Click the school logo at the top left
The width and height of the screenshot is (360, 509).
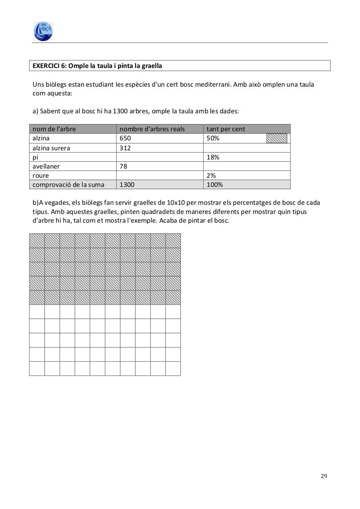coord(43,31)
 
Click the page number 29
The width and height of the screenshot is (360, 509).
coord(323,476)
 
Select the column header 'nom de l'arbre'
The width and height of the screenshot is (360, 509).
coord(54,129)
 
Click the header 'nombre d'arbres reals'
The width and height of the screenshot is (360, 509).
coord(152,129)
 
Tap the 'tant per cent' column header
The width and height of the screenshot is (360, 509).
coord(226,129)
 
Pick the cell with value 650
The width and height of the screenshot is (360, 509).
coord(125,138)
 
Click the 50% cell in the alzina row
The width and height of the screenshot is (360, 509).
coord(213,138)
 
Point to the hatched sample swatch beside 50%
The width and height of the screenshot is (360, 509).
coord(277,138)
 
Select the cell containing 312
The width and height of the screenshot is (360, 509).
coord(125,148)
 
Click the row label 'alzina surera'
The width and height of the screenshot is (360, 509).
coord(51,148)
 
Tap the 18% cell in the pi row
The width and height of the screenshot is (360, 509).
coord(213,157)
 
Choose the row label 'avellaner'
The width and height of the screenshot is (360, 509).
coord(46,166)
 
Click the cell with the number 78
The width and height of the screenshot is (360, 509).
coord(124,166)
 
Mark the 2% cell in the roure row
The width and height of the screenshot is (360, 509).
coord(211,175)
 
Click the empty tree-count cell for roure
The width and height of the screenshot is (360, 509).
coord(160,175)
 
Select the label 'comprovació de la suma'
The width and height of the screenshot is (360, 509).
coord(68,185)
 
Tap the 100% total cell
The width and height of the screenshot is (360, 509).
coord(215,185)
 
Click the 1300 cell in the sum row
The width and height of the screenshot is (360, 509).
coord(127,185)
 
